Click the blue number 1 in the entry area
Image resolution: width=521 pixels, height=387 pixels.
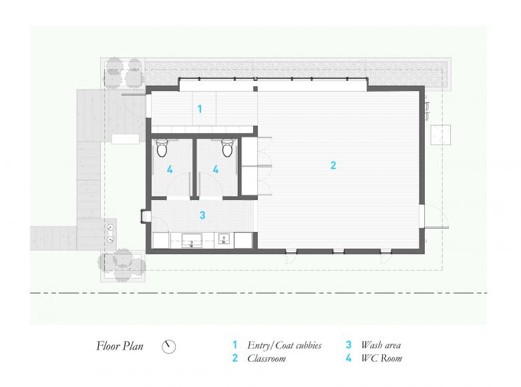200,109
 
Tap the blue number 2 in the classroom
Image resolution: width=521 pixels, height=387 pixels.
333,165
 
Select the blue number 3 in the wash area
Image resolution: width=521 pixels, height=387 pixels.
202,215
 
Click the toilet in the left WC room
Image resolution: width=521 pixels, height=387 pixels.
162,148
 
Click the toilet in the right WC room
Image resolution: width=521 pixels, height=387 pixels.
227,148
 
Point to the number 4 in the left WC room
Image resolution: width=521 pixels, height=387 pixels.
170,170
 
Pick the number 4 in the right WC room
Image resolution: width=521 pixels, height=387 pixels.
216,170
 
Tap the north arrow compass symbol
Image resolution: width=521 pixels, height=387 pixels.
169,346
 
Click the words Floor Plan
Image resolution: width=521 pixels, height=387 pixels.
120,346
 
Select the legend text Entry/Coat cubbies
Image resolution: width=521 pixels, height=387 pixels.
285,345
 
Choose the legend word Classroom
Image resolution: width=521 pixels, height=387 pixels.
267,358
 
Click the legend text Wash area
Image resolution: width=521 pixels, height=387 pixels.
381,345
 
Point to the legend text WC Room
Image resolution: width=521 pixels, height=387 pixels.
382,358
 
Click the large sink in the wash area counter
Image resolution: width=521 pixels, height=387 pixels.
192,241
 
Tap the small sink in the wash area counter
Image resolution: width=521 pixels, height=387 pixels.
224,239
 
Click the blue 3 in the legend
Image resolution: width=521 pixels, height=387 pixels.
348,345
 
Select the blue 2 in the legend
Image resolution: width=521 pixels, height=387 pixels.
235,358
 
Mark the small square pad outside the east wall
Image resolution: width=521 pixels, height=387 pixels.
441,134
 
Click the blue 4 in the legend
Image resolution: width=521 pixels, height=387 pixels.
348,358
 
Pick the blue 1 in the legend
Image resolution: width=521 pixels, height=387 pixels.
234,345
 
